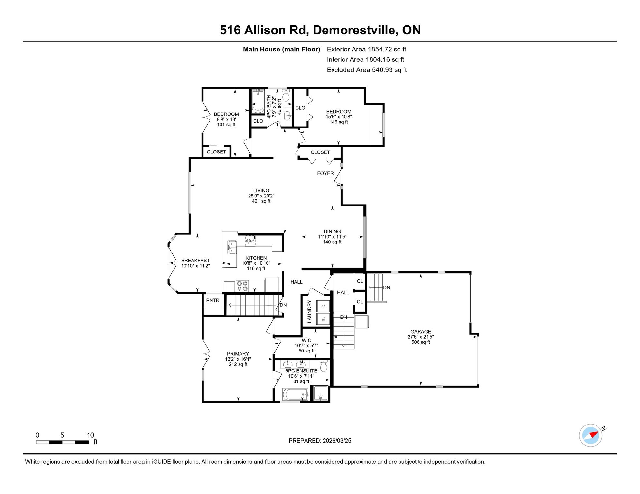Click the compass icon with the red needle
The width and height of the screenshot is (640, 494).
click(591, 435)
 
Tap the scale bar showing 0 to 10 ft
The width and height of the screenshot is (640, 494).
click(62, 442)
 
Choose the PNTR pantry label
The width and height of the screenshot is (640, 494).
click(213, 300)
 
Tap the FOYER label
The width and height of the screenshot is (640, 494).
click(325, 173)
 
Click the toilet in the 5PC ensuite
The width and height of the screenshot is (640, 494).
click(324, 366)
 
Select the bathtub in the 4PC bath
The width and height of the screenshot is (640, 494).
click(258, 101)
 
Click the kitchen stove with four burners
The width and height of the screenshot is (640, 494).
click(242, 286)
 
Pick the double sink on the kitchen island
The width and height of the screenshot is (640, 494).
click(232, 247)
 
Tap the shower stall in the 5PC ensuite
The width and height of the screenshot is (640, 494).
click(321, 393)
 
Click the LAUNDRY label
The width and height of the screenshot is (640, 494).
click(309, 311)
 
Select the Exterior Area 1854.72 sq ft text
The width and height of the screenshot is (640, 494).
click(366, 49)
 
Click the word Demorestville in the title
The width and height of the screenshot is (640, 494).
click(354, 30)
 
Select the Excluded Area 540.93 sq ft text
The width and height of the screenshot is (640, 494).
click(367, 70)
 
